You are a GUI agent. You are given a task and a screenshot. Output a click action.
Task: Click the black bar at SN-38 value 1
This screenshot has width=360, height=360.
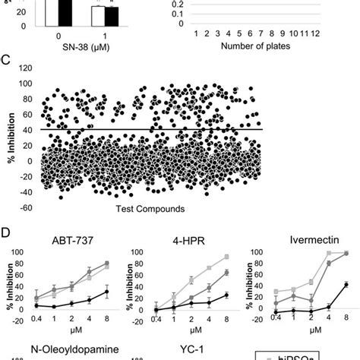tap(112, 16)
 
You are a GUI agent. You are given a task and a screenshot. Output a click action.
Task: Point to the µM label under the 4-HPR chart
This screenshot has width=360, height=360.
tap(189, 332)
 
